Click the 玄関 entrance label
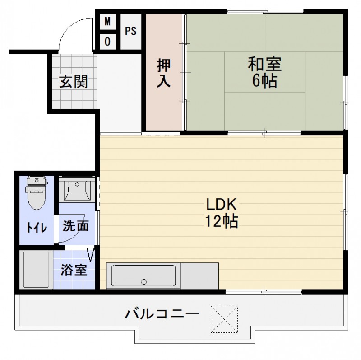pos(73,83)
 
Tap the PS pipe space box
pos(131,32)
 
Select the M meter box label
pos(107,21)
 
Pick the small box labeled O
pos(107,42)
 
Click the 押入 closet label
pos(163,74)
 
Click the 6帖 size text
pos(264,81)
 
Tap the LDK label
pos(222,205)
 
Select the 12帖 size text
pos(222,222)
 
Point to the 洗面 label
pos(75,226)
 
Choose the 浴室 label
pos(74,270)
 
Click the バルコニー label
pos(162,313)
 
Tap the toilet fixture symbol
pos(36,192)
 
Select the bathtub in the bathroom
pos(36,270)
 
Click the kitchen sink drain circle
pos(144,282)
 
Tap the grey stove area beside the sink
pos(199,276)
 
